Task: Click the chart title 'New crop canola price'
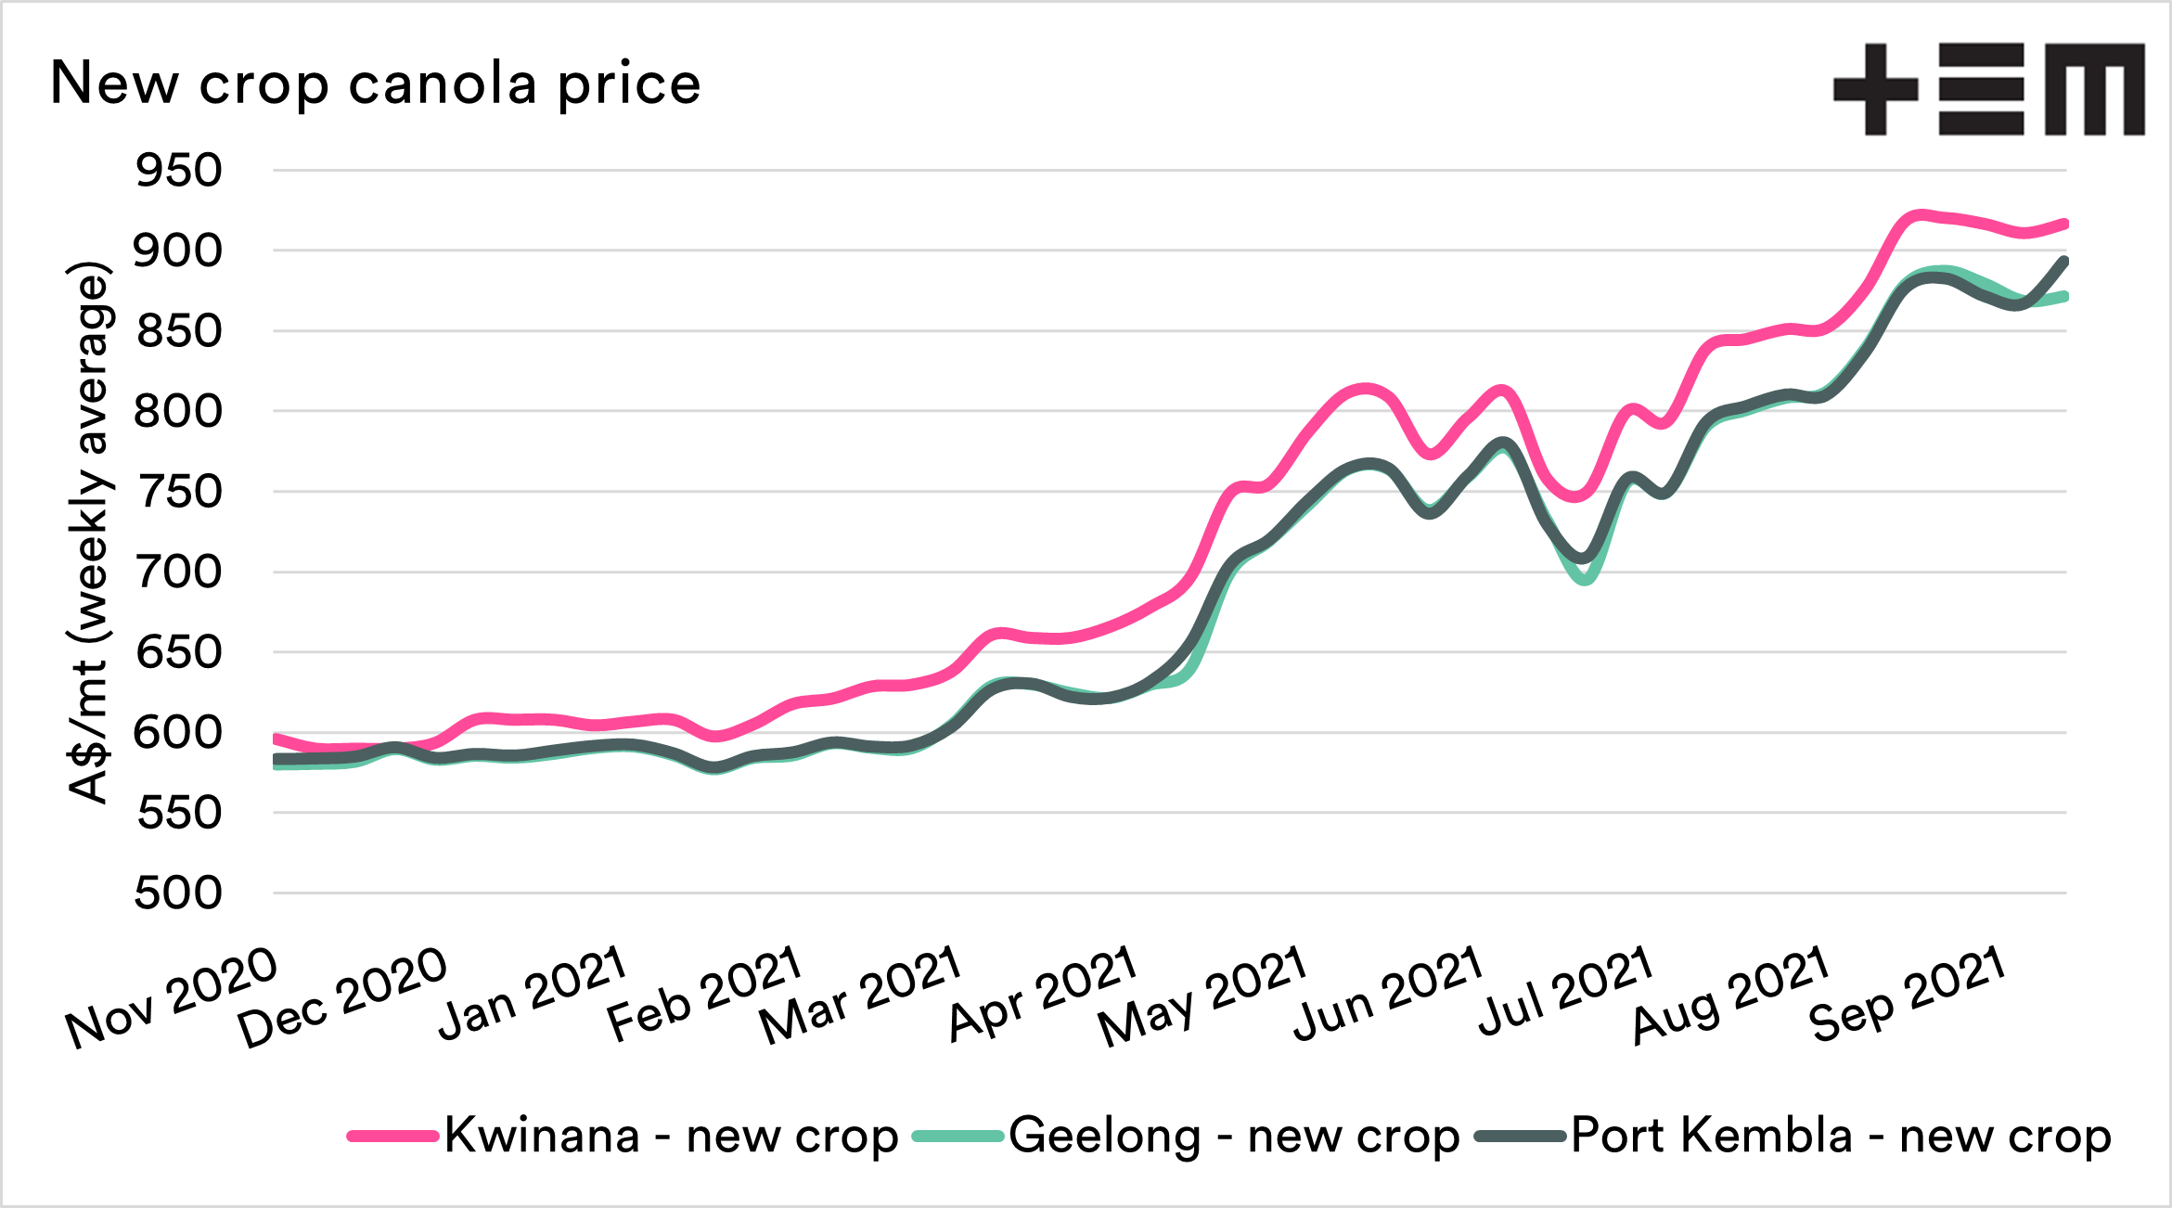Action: pos(375,84)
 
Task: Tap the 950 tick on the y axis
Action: pos(178,171)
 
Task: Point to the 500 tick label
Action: pos(178,893)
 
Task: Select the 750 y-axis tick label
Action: pos(178,492)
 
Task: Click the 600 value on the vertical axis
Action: pos(178,733)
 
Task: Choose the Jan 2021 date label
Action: pos(533,993)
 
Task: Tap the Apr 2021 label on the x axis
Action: pos(1043,993)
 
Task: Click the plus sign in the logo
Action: pos(1875,89)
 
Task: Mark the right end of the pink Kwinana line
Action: pos(2063,224)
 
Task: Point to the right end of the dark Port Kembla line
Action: pos(2063,261)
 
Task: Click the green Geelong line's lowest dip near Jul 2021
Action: pos(1585,580)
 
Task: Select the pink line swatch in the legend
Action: pos(392,1136)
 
